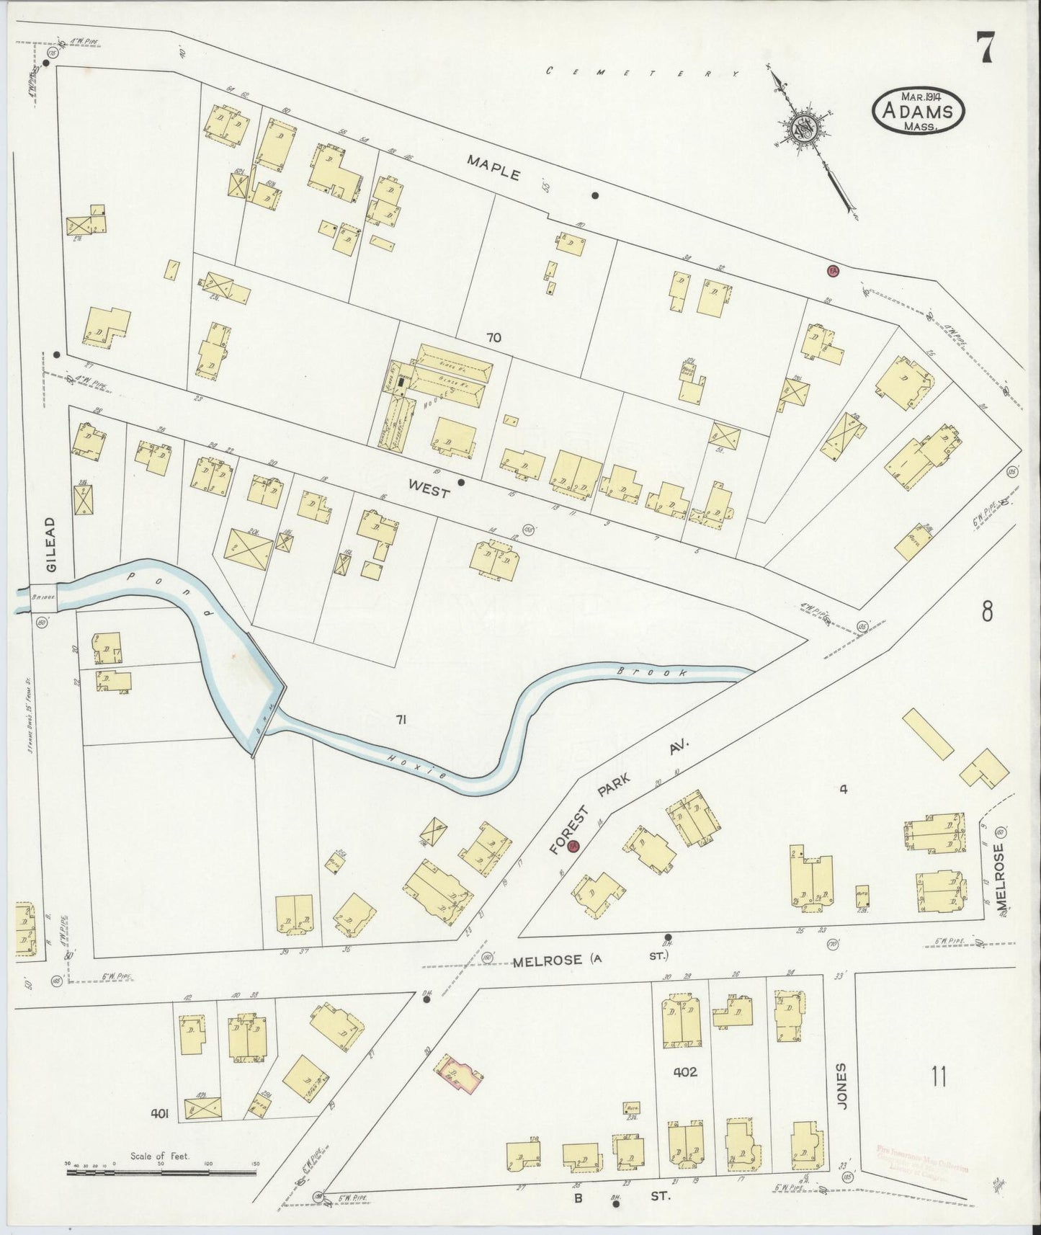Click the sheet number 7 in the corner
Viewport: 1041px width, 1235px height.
tap(986, 48)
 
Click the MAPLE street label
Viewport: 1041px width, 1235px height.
tap(493, 167)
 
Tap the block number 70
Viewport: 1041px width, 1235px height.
tap(493, 337)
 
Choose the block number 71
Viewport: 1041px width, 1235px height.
tap(402, 718)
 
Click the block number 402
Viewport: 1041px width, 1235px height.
tap(684, 1071)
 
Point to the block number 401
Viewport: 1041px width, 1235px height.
tap(159, 1114)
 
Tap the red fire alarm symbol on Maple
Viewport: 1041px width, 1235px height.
tap(833, 270)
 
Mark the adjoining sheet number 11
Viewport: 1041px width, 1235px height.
tap(938, 1078)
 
